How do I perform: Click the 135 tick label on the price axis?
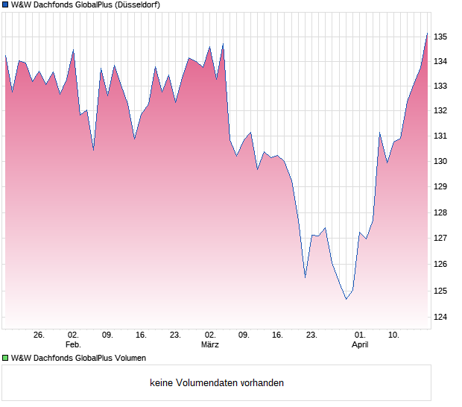(x=442, y=37)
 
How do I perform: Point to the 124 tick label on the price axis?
(x=442, y=317)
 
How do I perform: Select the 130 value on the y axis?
(x=442, y=161)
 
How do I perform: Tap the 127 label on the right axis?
(x=442, y=239)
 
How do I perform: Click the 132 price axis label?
(x=442, y=110)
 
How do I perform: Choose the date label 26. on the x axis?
(x=39, y=335)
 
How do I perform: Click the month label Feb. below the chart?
(x=72, y=345)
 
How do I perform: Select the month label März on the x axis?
(x=209, y=345)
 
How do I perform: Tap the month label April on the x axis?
(x=360, y=345)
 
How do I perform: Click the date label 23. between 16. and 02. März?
(x=176, y=335)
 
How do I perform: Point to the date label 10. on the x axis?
(x=394, y=335)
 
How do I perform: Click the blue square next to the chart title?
(x=5, y=4)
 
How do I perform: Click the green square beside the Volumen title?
(x=5, y=358)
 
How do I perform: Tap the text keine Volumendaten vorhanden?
(x=216, y=383)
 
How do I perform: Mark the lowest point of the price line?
(x=346, y=299)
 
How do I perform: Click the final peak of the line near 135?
(x=427, y=34)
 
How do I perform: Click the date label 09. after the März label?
(x=244, y=335)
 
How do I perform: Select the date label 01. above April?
(x=360, y=335)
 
